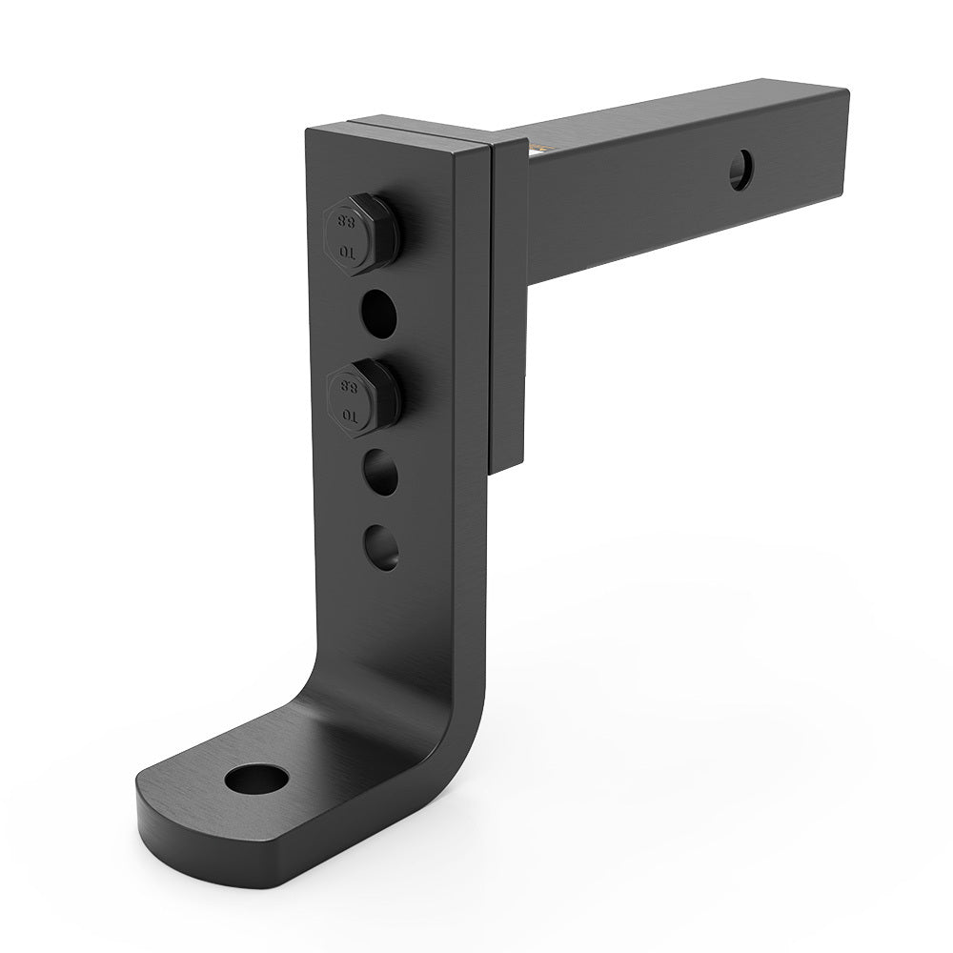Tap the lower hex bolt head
tap(360, 396)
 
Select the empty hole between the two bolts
tap(379, 311)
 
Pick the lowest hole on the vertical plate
tap(381, 547)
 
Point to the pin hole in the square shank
tap(740, 172)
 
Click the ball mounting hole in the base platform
tap(256, 779)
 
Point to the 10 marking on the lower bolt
tap(349, 416)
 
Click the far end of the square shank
tap(839, 133)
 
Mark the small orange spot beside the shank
tap(540, 149)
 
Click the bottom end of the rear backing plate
tap(505, 462)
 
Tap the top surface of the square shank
tap(667, 110)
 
